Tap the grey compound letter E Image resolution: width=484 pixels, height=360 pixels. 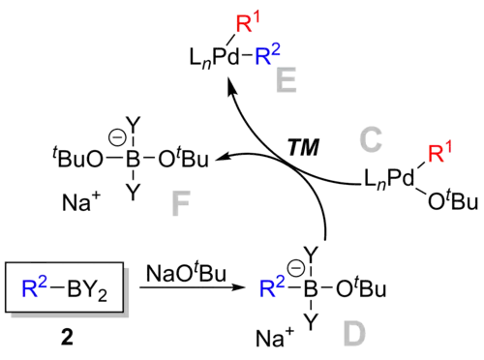pos(283,80)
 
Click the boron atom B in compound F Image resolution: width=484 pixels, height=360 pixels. pos(133,157)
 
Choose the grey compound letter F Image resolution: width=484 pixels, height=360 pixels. pos(181,202)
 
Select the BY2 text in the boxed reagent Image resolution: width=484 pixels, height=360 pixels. pos(85,287)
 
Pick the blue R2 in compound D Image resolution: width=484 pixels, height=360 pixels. pos(273,287)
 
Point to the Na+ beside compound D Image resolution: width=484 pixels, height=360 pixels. pos(275,337)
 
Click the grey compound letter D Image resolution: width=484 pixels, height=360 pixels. pos(355,336)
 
